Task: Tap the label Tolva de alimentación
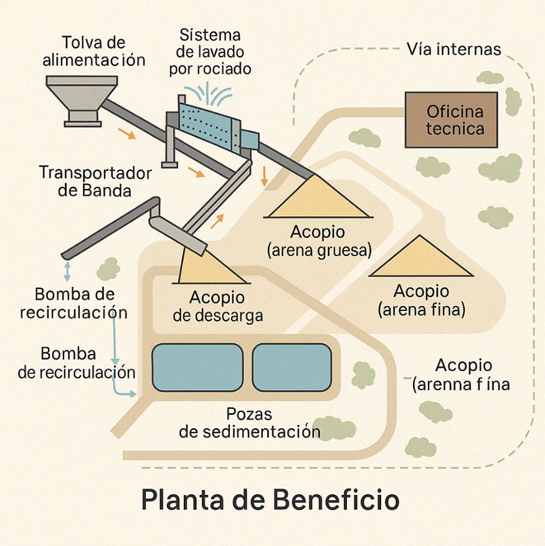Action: pyautogui.click(x=94, y=51)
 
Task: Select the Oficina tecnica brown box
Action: pyautogui.click(x=451, y=120)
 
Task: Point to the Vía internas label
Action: pyautogui.click(x=453, y=49)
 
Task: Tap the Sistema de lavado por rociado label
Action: pyautogui.click(x=210, y=52)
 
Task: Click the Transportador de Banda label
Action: pyautogui.click(x=95, y=181)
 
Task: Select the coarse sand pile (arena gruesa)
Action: pyautogui.click(x=318, y=198)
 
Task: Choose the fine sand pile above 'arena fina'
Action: pyautogui.click(x=422, y=258)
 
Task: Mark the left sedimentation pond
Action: pyautogui.click(x=197, y=367)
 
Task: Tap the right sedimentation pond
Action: pyautogui.click(x=291, y=367)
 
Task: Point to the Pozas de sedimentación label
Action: pyautogui.click(x=249, y=423)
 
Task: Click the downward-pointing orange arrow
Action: pyautogui.click(x=265, y=176)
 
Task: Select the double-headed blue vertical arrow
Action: pyautogui.click(x=67, y=271)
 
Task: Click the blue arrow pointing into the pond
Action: pyautogui.click(x=128, y=393)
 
